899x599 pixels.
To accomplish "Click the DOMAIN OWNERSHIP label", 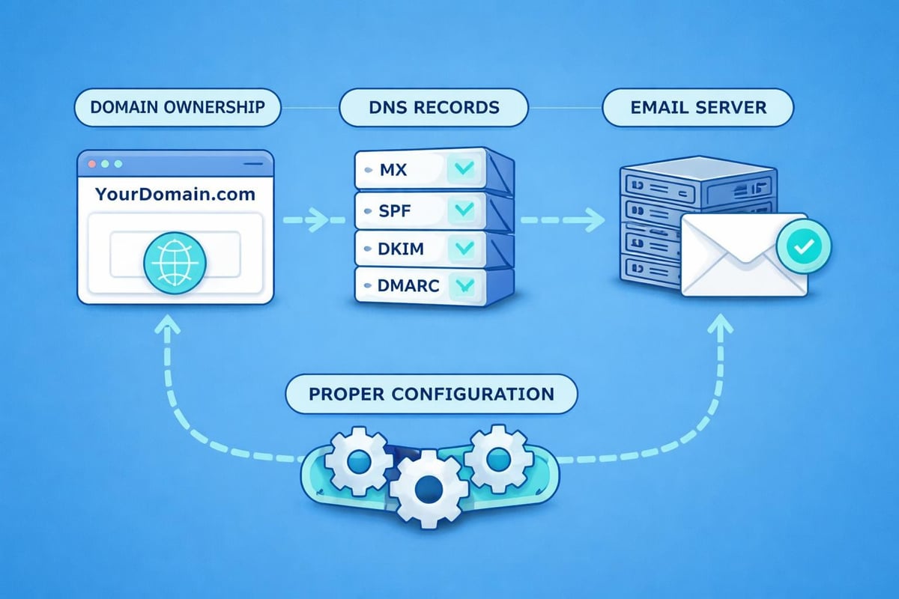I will [177, 107].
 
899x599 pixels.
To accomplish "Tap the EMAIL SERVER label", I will [697, 107].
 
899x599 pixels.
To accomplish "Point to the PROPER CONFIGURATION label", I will [432, 393].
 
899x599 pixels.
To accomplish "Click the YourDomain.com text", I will [175, 194].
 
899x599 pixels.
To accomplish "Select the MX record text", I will [393, 170].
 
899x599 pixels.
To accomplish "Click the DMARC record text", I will [409, 285].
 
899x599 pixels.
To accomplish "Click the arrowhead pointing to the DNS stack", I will [321, 220].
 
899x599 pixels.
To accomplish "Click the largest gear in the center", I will [430, 487].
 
